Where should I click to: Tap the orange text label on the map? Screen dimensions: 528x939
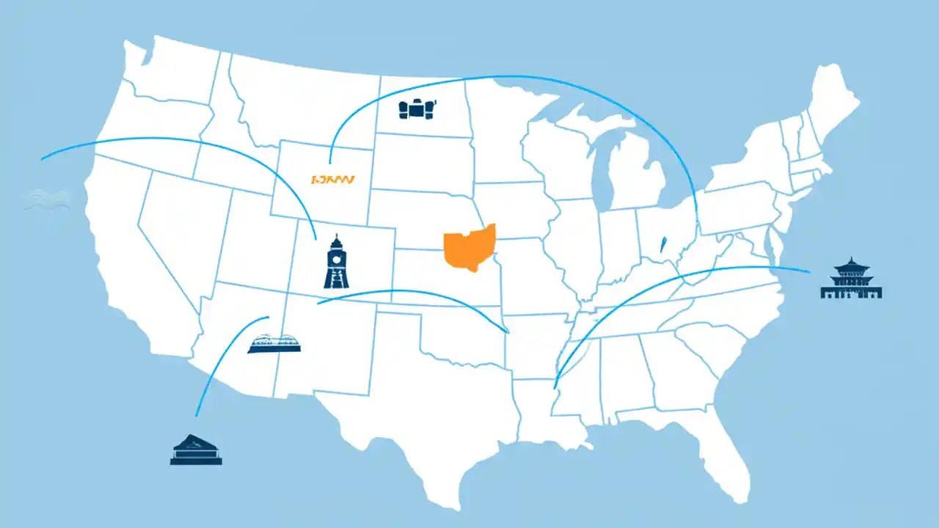pyautogui.click(x=332, y=178)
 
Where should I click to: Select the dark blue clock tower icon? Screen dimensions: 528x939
pyautogui.click(x=336, y=262)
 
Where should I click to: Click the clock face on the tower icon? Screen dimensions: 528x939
pyautogui.click(x=336, y=257)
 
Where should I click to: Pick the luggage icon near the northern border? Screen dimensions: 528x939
pyautogui.click(x=417, y=109)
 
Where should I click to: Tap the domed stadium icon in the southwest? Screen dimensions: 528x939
pyautogui.click(x=274, y=344)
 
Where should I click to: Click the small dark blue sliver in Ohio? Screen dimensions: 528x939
pyautogui.click(x=663, y=243)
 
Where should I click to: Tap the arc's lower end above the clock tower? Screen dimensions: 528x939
pyautogui.click(x=316, y=239)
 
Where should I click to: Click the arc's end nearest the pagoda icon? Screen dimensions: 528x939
pyautogui.click(x=809, y=272)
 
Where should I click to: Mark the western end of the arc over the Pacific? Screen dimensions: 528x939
pyautogui.click(x=42, y=159)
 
